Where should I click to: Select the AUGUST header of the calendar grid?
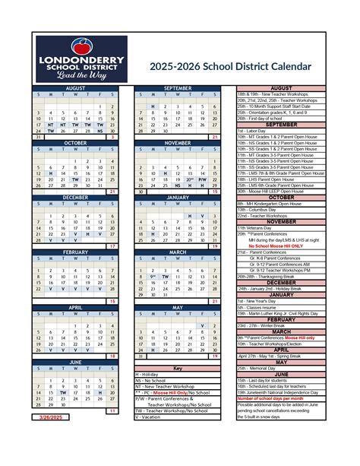tap(75, 88)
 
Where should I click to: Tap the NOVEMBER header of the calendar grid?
tap(177, 142)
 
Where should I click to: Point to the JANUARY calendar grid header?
tap(177, 196)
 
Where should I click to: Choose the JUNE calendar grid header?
tap(75, 362)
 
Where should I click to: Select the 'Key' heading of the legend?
tap(177, 368)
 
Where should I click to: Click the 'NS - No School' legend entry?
tap(153, 381)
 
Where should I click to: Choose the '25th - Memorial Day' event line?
tap(263, 368)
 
